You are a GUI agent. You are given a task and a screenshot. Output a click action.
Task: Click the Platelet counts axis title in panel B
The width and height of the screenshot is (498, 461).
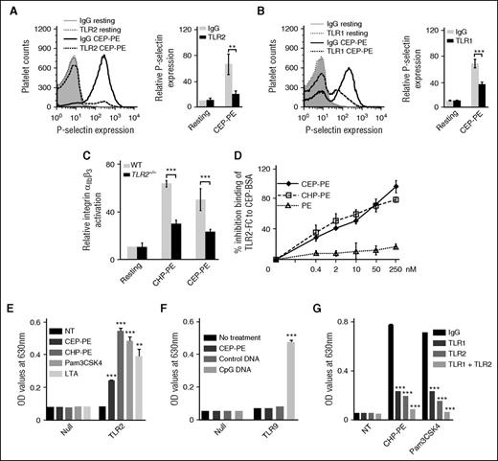[x=256, y=59]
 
